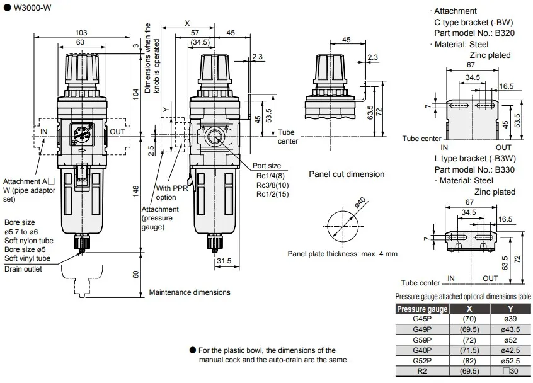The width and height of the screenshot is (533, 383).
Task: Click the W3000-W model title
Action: point(32,8)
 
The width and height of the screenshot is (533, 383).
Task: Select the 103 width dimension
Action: point(81,33)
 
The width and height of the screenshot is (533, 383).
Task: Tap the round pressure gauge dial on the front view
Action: point(81,134)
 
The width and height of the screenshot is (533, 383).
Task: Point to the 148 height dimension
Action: point(135,191)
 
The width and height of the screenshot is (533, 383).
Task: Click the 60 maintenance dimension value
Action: point(135,275)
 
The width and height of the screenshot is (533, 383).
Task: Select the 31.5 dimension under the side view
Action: point(224,261)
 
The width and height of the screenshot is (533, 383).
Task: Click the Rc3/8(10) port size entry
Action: point(272,185)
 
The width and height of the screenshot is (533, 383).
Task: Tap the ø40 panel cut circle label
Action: point(360,202)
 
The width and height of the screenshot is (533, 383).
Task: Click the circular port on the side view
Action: point(214,137)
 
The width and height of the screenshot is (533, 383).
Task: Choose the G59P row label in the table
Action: point(422,340)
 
